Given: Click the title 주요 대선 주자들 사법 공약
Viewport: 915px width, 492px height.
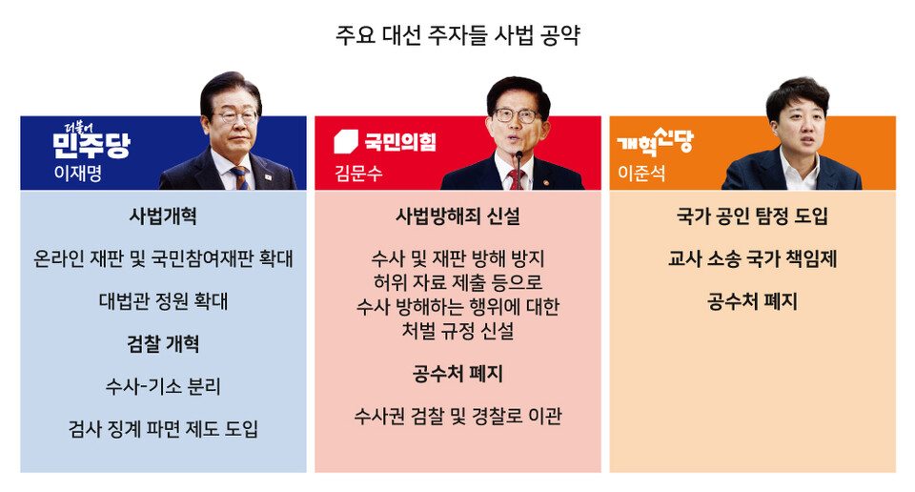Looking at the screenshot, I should point(457,37).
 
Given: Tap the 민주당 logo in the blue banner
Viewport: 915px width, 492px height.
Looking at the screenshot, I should point(91,143).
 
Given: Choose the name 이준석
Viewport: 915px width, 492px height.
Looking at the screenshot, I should point(639,174).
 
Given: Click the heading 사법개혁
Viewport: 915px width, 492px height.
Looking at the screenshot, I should point(163,215).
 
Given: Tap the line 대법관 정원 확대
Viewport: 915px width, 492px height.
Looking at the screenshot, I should point(163,301).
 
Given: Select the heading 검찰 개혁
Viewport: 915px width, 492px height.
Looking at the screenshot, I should point(163,343).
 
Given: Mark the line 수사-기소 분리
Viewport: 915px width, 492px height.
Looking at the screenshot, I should point(163,386).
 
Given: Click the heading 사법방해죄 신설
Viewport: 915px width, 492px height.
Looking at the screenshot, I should point(457,216).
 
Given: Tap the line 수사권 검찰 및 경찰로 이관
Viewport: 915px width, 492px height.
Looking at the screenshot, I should point(457,416).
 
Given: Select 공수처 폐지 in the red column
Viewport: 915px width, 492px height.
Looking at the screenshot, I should point(457,373).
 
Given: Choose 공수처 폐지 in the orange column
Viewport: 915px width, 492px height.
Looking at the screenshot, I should point(752,301).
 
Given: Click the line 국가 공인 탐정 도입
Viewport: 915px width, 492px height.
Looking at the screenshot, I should point(752,216).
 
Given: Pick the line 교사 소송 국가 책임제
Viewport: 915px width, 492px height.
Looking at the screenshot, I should point(752,258).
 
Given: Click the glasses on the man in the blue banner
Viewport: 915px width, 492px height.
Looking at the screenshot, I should point(234,116).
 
